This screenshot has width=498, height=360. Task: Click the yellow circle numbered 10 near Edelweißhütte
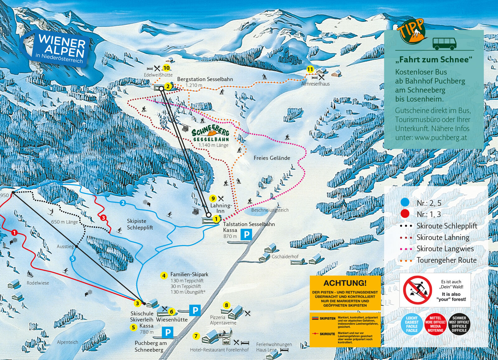tap(167, 68)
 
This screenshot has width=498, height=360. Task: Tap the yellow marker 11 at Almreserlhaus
tap(310, 69)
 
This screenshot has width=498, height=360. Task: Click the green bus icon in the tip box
tap(444, 43)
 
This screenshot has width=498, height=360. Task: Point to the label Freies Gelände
tap(272, 158)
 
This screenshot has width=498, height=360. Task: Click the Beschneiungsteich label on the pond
tap(270, 210)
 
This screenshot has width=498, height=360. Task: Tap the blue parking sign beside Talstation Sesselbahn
tap(246, 234)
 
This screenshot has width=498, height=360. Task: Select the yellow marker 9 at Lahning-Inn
tap(213, 198)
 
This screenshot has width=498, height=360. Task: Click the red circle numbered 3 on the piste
tap(103, 218)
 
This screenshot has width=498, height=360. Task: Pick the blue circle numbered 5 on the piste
tap(73, 258)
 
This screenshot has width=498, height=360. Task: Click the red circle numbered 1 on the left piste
tap(14, 233)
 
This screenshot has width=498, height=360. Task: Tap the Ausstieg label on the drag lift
tap(65, 246)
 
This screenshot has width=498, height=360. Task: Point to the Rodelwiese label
tap(38, 283)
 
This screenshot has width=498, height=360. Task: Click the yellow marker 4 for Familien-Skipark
tap(164, 275)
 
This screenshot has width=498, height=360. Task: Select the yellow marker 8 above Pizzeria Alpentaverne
tap(226, 305)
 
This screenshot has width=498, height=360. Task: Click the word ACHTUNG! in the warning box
tap(345, 283)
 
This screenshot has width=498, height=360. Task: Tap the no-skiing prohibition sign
tap(417, 290)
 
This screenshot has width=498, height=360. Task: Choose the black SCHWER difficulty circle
tap(459, 324)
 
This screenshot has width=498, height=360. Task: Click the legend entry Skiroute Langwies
tap(445, 249)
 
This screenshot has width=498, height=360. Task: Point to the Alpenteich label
tap(67, 342)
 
